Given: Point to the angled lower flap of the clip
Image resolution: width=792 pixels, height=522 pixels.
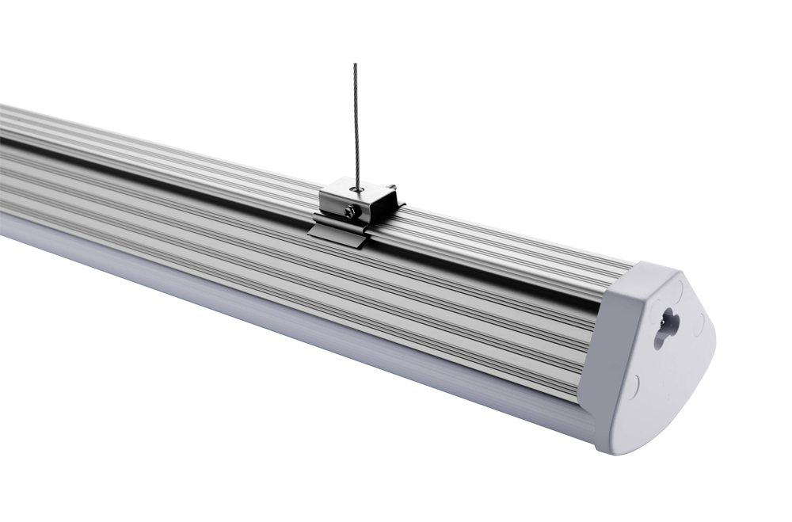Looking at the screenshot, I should pos(337,234).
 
